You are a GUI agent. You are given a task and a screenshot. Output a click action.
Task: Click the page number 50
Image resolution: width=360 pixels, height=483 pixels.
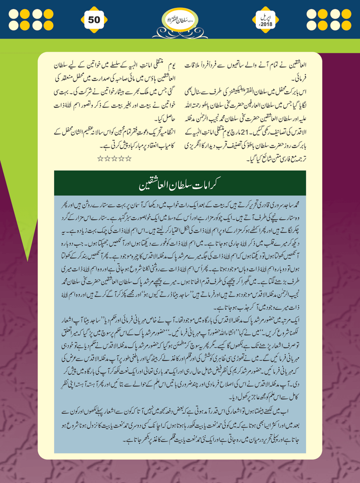pyautogui.click(x=94, y=20)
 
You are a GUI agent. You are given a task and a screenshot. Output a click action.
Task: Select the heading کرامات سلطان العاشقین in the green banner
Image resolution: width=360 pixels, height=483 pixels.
pyautogui.click(x=180, y=184)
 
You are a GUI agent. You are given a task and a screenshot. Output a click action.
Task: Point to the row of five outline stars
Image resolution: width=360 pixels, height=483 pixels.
pyautogui.click(x=114, y=159)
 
